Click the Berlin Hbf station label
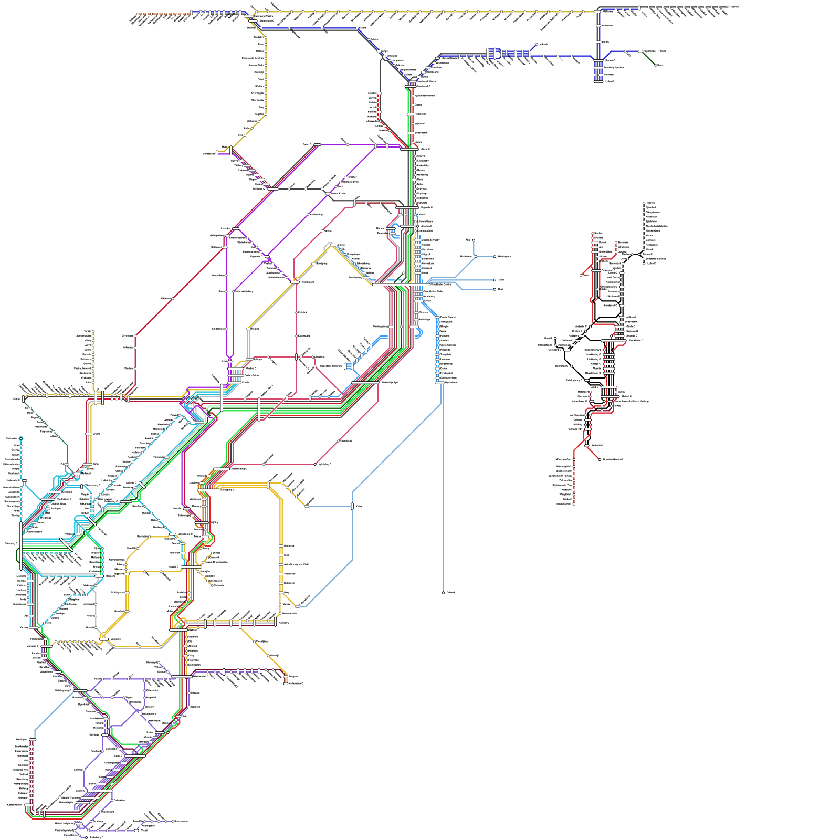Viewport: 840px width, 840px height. [597, 445]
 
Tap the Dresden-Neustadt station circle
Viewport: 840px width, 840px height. [600, 459]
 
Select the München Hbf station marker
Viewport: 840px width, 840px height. [574, 459]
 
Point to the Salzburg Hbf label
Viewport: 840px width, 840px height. [563, 466]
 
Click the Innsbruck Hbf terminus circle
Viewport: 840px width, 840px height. [574, 504]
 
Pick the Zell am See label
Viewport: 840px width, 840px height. [565, 480]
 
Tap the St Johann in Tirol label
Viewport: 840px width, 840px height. [562, 485]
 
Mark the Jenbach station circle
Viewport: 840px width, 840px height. [574, 499]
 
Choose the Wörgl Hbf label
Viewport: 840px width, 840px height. [565, 495]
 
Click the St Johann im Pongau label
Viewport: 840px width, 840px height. [561, 476]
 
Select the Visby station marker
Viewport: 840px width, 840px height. [352, 506]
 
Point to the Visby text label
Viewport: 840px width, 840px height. [359, 506]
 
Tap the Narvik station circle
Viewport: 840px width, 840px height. [728, 7]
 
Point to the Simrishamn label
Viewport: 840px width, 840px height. [181, 821]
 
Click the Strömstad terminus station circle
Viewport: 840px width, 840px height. [21, 438]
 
